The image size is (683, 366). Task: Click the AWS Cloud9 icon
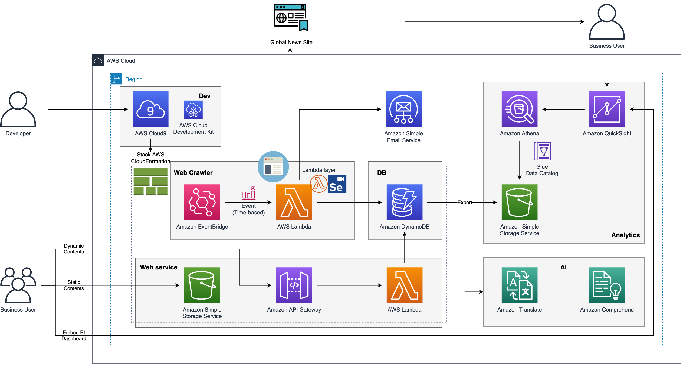coord(150,109)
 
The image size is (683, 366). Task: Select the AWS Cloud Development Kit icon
coord(193,110)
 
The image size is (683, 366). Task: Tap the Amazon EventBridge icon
coord(202,202)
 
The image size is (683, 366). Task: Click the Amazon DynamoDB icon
coord(405,202)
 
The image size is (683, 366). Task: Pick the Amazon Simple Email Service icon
coord(403,109)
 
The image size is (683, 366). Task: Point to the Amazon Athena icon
coord(519,109)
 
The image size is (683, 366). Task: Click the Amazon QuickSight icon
coord(607,109)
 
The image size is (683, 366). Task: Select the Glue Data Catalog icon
coord(542,151)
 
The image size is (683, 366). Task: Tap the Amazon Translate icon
coord(519,285)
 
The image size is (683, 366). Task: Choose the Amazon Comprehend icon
coord(607,285)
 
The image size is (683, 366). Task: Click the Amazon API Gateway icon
coord(294,285)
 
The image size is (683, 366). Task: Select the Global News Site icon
coord(291,17)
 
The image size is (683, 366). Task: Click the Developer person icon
coord(18,109)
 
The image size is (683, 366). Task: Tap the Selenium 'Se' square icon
coord(337,184)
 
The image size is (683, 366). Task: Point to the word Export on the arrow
coord(465,202)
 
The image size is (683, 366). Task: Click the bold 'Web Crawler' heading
coord(193,173)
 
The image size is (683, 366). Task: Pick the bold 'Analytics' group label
coord(625,235)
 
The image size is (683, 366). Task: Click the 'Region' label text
coord(134,79)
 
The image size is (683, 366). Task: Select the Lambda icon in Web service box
coord(405,285)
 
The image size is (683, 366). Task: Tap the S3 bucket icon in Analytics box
coord(519,202)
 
